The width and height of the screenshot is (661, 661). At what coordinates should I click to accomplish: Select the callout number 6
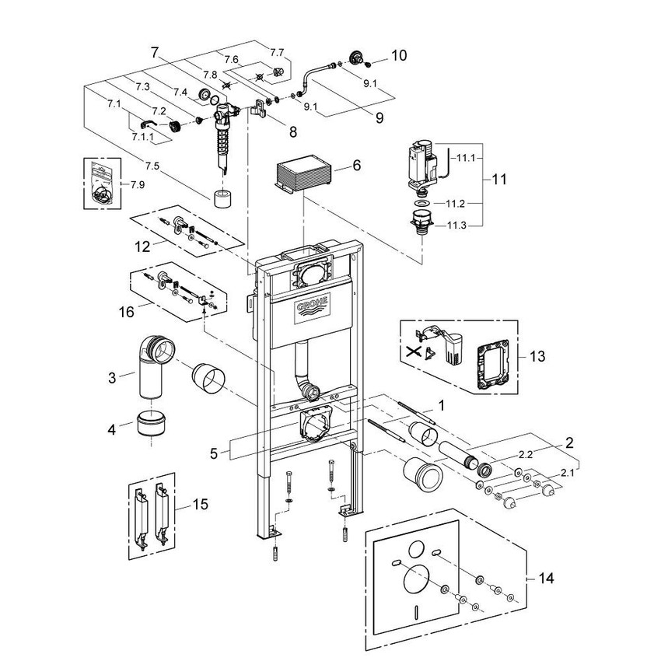pyautogui.click(x=357, y=166)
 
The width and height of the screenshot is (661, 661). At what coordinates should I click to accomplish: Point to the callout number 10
pyautogui.click(x=399, y=55)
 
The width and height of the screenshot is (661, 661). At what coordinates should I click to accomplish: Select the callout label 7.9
pyautogui.click(x=138, y=184)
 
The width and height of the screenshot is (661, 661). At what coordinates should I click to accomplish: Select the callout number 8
pyautogui.click(x=293, y=132)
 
